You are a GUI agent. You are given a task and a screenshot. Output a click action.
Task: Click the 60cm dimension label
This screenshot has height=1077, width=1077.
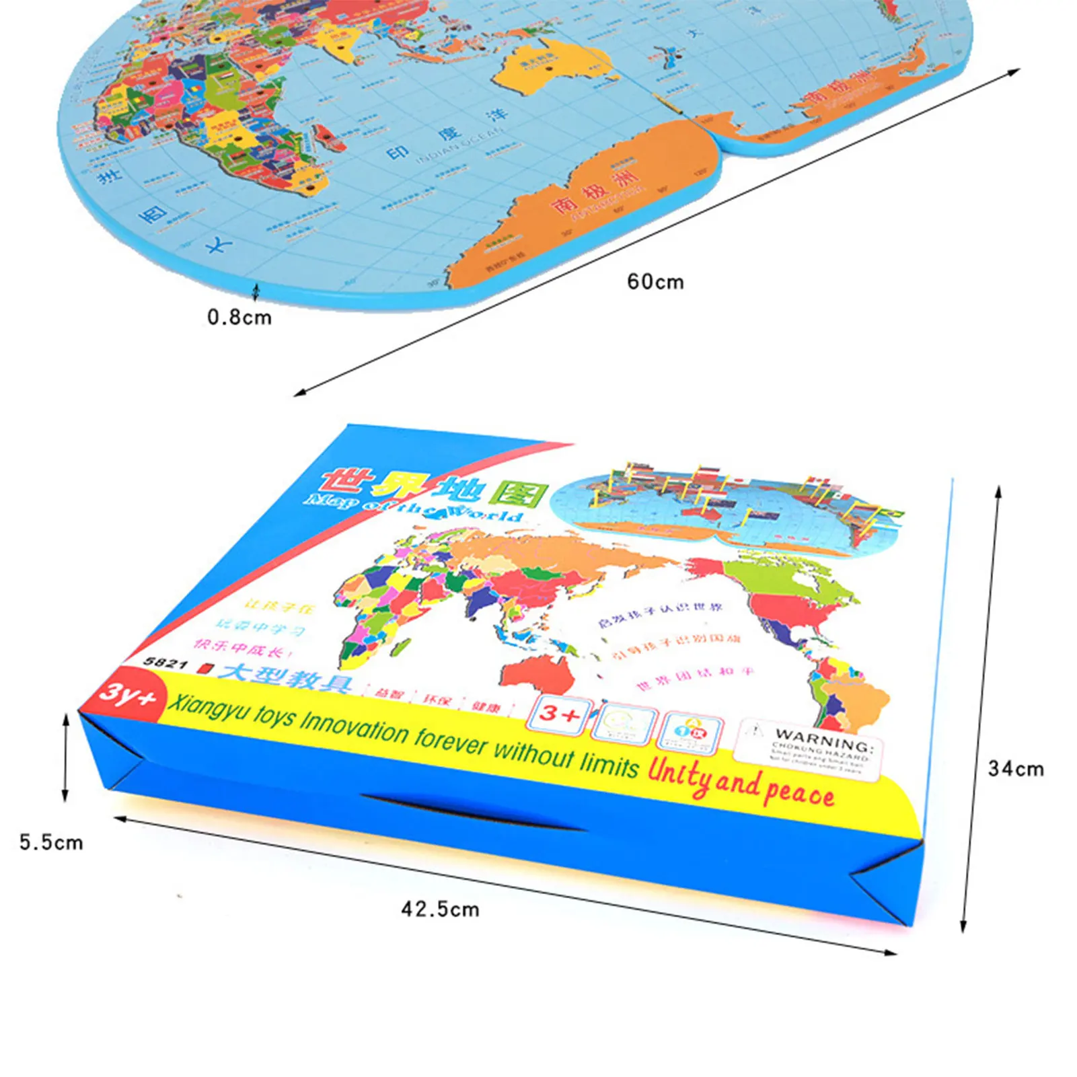655,281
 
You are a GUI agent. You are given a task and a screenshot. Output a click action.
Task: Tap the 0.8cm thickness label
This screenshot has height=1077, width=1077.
239,317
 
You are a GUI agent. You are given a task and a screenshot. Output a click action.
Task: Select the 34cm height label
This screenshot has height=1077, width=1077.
1016,768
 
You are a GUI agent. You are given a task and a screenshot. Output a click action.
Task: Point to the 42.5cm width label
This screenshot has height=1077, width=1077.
441,909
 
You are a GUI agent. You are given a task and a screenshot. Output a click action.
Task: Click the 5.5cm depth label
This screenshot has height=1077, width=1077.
51,842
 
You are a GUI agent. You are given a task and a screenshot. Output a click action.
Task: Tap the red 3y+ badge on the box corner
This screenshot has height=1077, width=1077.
126,694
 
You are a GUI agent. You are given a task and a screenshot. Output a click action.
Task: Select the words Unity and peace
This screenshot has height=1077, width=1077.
740,784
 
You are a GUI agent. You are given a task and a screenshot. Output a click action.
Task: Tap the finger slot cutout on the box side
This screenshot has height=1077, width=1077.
471,812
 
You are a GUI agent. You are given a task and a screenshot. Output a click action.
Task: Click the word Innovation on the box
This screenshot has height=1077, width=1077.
354,727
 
